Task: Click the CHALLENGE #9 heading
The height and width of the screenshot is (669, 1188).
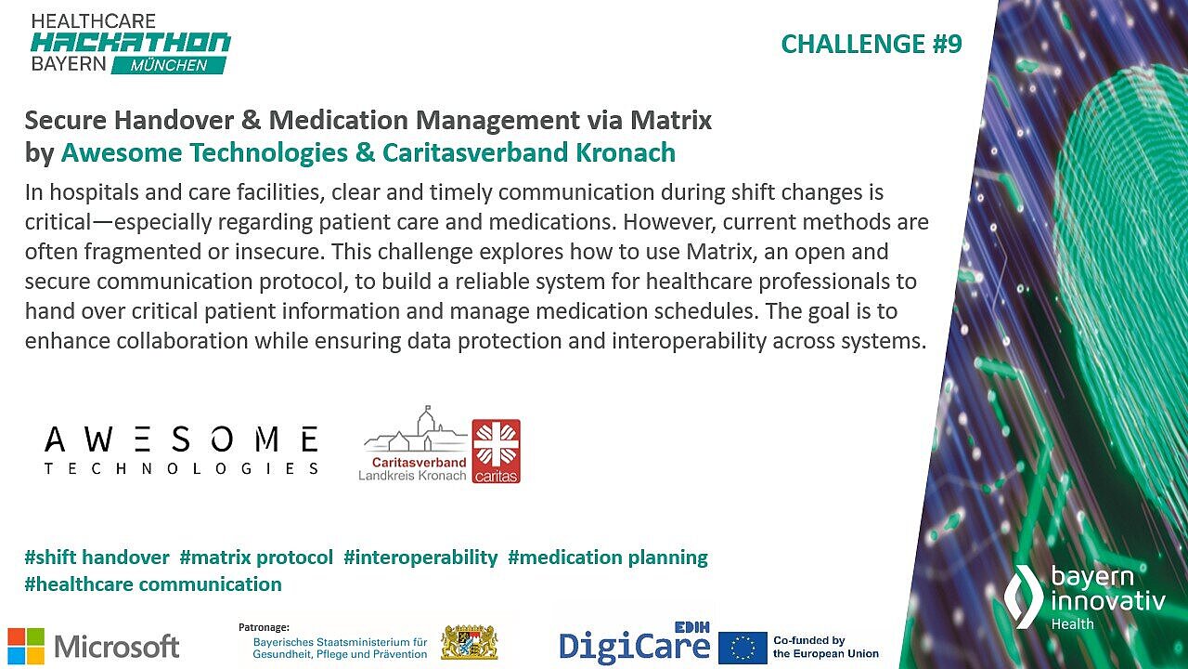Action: point(871,44)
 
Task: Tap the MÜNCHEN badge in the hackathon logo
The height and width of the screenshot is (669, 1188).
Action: point(169,66)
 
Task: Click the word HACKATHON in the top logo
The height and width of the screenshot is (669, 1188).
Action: point(130,42)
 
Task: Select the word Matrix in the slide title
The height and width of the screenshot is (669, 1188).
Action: point(671,120)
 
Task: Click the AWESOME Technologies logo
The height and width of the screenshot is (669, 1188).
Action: point(181,451)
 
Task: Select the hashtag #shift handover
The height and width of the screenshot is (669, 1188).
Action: point(97,557)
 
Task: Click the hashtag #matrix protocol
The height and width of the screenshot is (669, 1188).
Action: point(256,557)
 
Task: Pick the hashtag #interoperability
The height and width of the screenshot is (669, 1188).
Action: point(420,557)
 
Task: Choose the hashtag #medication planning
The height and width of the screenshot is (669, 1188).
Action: point(608,557)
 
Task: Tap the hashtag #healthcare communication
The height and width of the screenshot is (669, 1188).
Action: point(153,584)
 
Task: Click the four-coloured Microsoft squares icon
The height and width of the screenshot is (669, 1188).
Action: point(26,646)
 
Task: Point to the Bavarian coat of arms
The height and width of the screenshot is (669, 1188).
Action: point(469,642)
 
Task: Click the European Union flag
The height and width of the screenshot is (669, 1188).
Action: point(742,648)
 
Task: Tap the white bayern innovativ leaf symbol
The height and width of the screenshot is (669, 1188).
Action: point(1025,596)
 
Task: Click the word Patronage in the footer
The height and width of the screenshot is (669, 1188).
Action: point(265,627)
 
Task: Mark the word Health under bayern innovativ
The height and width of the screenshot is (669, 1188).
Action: point(1072,624)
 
